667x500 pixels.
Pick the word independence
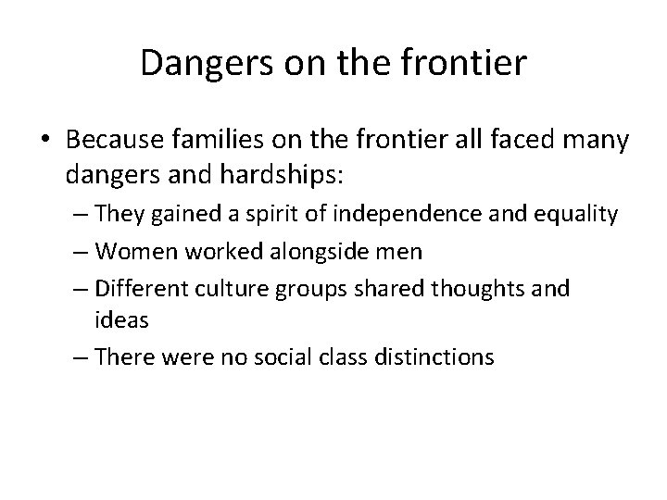pos(439,215)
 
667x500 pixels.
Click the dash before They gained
pos(78,216)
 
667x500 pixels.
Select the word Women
pos(127,252)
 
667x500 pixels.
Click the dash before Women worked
pos(78,253)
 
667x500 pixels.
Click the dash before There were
pos(78,356)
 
